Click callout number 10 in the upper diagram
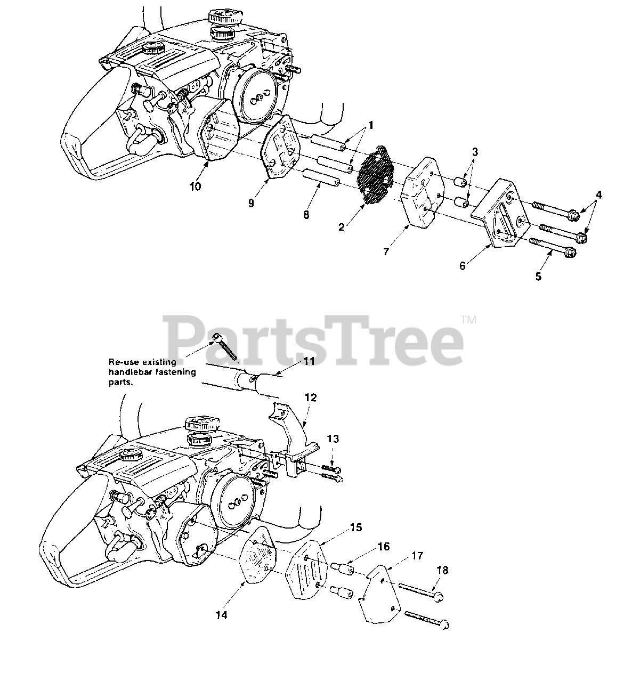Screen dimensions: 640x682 [195, 186]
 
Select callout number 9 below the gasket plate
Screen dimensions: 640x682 [251, 203]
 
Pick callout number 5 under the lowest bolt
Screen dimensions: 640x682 [539, 277]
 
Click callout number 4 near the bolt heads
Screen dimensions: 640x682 [599, 195]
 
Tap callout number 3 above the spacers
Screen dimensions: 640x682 [475, 152]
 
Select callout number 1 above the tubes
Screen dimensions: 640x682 [371, 126]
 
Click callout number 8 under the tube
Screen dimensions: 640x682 [306, 215]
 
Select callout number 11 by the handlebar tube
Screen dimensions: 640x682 [309, 361]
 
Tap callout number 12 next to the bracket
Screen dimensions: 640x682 [311, 397]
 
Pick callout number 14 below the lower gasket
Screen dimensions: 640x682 [222, 615]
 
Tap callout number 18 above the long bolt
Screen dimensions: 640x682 [442, 570]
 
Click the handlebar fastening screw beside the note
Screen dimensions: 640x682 [226, 347]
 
